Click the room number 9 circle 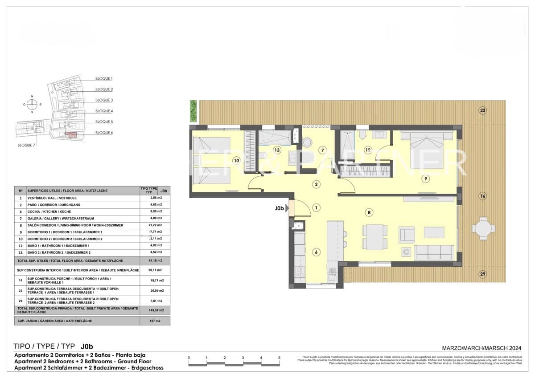[x=426, y=179]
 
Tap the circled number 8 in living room [x=369, y=212]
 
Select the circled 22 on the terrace [x=482, y=110]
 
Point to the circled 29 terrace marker [x=482, y=274]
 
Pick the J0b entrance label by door [x=280, y=208]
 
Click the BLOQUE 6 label [x=104, y=133]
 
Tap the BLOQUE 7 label [x=26, y=145]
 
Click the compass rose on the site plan [x=32, y=105]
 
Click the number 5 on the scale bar [x=279, y=358]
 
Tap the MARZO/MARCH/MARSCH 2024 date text [x=481, y=348]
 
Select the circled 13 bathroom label [x=277, y=150]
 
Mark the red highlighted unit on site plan [x=71, y=134]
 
